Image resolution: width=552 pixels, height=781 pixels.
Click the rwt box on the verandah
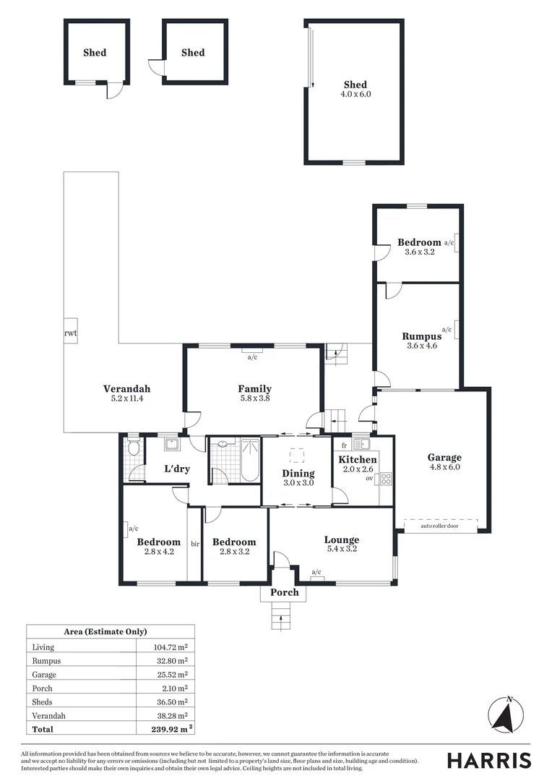(70, 333)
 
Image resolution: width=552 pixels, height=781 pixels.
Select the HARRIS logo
(488, 760)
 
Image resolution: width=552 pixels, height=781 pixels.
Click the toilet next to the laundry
(132, 448)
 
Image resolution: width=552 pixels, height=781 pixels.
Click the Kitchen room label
(358, 460)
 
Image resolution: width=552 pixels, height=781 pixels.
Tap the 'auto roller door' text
(440, 526)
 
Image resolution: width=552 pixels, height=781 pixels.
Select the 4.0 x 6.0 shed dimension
(355, 94)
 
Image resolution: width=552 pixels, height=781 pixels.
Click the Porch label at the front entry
(284, 592)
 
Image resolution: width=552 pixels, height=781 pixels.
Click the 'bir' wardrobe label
(195, 543)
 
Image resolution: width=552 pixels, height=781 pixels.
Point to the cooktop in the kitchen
(386, 478)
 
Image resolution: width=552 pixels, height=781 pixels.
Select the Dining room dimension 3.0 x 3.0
(298, 482)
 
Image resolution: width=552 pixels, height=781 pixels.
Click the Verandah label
(126, 388)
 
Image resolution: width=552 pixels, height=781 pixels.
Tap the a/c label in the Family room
(252, 357)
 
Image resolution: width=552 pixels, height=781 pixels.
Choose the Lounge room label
(341, 539)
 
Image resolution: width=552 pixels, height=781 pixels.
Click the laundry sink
(172, 445)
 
